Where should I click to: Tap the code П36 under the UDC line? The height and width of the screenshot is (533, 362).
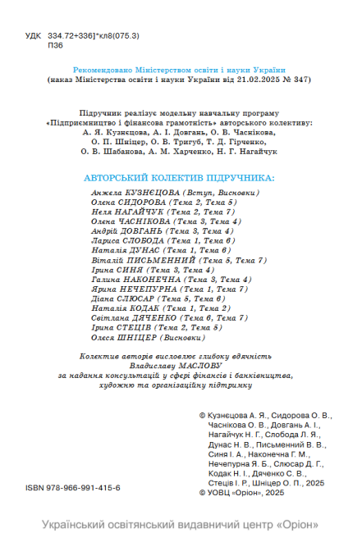57,46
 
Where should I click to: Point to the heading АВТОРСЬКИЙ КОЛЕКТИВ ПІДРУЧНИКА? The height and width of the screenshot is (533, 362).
181,178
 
